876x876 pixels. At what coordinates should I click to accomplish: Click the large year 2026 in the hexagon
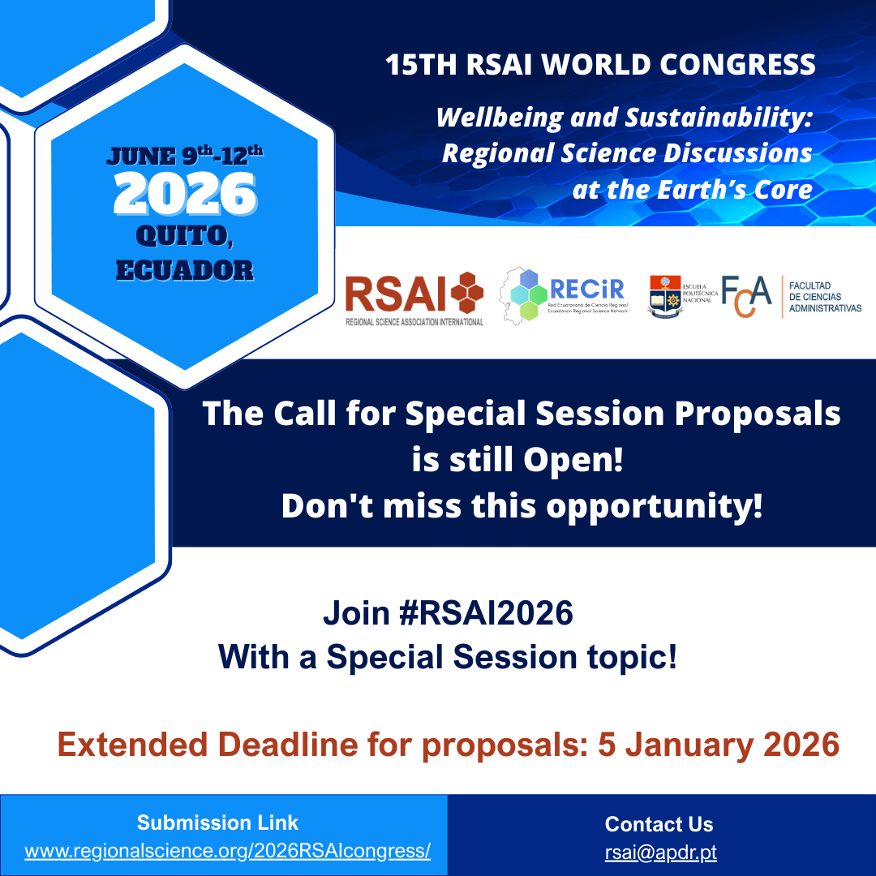click(x=185, y=194)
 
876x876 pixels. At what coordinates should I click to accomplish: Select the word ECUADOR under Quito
click(x=185, y=269)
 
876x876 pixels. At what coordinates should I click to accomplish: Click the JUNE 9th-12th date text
click(x=185, y=154)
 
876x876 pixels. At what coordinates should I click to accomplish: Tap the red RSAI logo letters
click(x=395, y=294)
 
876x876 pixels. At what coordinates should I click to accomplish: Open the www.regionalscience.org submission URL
click(x=227, y=851)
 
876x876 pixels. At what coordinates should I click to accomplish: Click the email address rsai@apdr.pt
click(x=660, y=852)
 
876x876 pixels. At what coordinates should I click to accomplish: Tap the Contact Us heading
click(x=659, y=824)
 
